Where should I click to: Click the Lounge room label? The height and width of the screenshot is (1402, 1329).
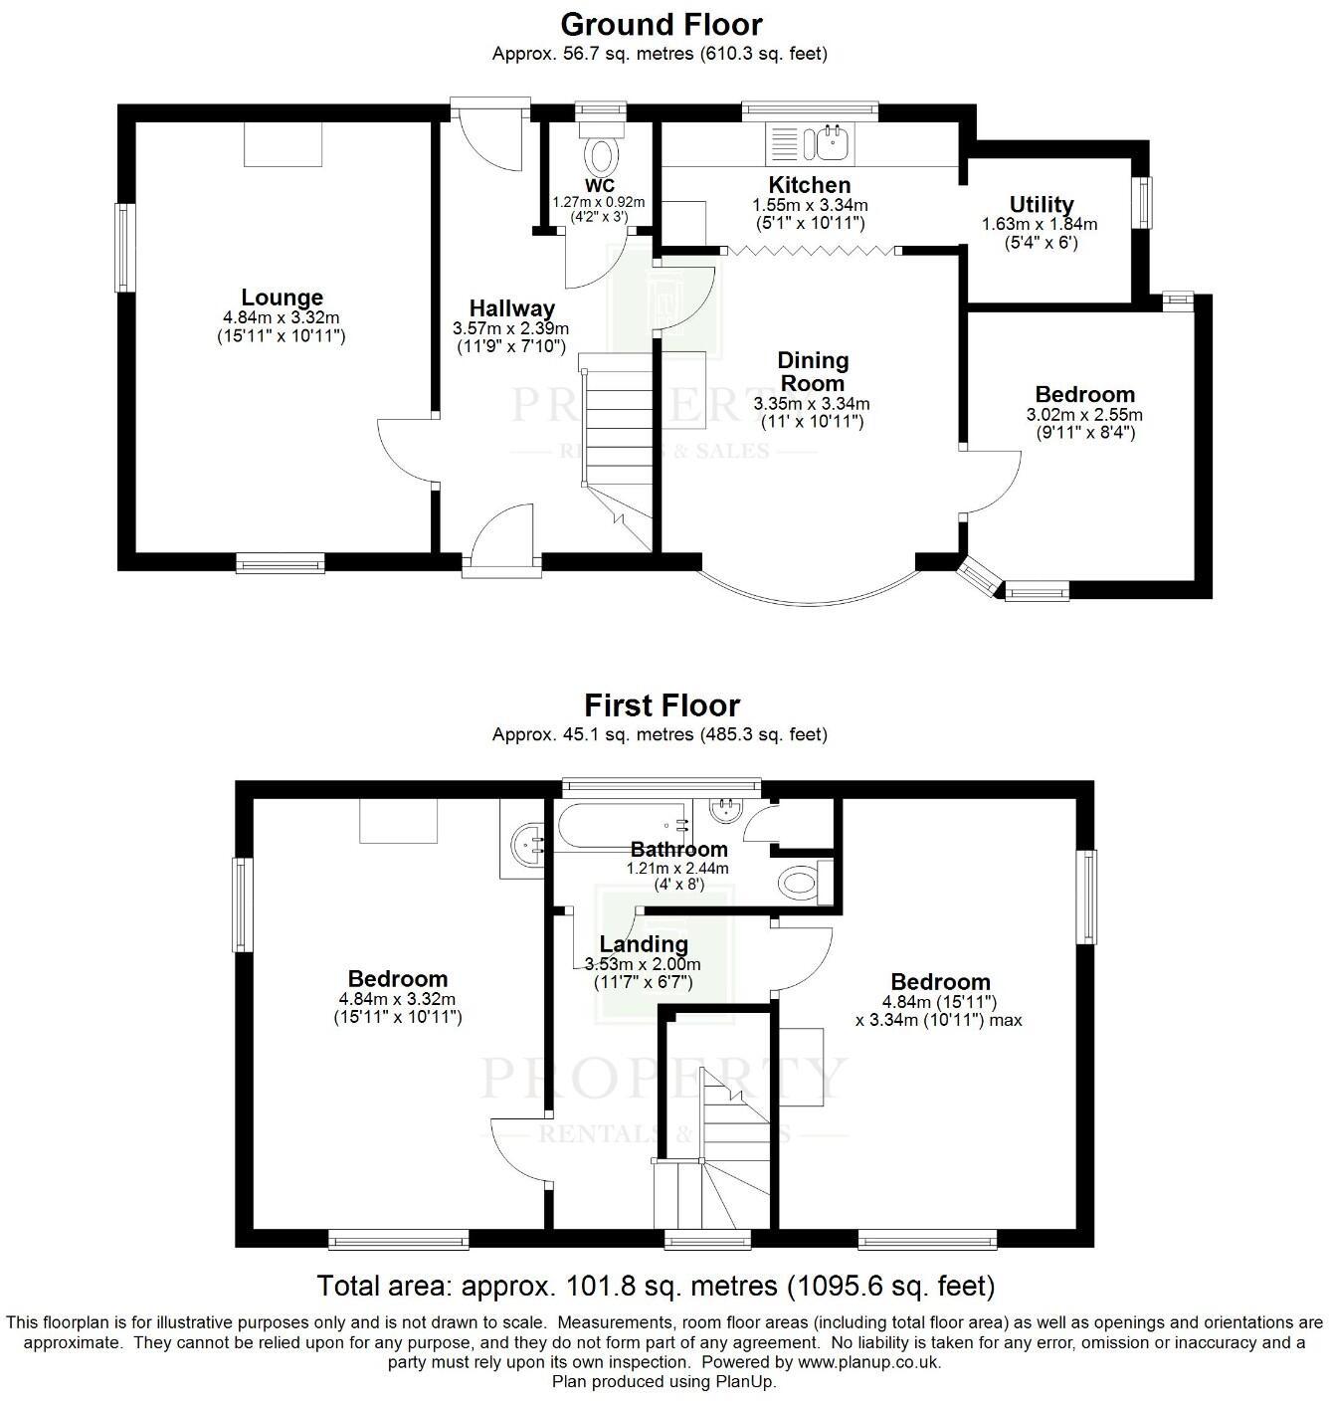[x=282, y=298]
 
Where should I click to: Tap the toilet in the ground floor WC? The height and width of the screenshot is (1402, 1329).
[x=601, y=154]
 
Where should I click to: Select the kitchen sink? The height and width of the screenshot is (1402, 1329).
[x=832, y=142]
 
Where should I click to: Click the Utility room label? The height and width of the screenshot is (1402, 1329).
[x=1041, y=205]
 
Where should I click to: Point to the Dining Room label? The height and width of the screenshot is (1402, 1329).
[x=813, y=371]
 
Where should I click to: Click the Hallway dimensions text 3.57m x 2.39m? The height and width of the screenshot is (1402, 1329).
[x=510, y=328]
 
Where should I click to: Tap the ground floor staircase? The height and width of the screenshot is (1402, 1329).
[x=615, y=438]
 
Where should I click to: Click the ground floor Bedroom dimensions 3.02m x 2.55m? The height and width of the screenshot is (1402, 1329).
[x=1084, y=415]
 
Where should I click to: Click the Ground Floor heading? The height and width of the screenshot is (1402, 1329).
[x=661, y=23]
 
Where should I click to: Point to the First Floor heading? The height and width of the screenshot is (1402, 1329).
[x=661, y=705]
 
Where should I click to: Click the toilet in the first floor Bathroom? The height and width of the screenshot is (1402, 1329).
[x=802, y=882]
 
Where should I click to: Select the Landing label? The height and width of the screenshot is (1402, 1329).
[x=644, y=943]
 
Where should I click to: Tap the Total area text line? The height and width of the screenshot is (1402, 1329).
[x=656, y=1286]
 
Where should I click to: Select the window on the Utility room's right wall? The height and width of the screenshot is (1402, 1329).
[x=1145, y=202]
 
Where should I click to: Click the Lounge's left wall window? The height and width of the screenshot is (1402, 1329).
[x=124, y=248]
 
